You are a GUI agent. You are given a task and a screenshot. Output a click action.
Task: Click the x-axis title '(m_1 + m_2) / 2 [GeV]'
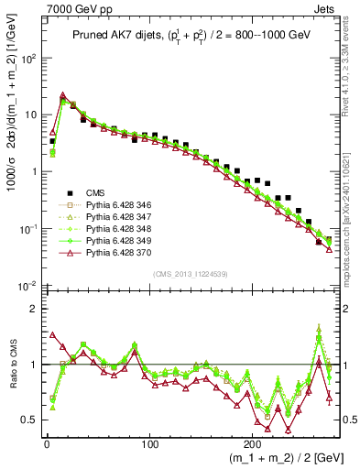275,456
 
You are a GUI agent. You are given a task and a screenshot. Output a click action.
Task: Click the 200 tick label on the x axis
254,441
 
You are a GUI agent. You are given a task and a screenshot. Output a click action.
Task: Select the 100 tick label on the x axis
150,441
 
